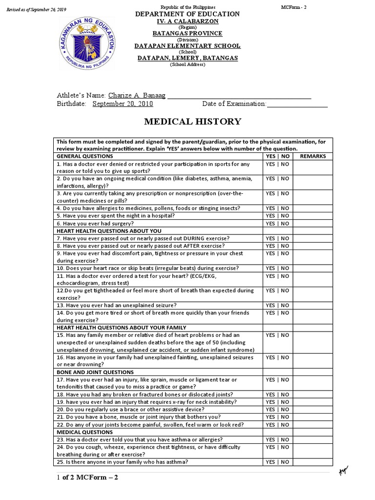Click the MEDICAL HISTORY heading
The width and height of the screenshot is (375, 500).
tap(185, 122)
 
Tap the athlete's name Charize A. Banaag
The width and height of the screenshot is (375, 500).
tap(137, 95)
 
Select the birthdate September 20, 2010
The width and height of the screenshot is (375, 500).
tap(123, 104)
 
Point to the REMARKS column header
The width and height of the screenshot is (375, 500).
tap(312, 156)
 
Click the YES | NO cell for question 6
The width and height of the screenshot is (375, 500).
tap(277, 223)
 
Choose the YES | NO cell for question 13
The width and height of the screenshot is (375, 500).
tap(277, 305)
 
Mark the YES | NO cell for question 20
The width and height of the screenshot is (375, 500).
tap(277, 410)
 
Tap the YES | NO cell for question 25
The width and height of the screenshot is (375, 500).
tap(277, 462)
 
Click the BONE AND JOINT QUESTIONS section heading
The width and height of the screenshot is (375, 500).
tap(89, 372)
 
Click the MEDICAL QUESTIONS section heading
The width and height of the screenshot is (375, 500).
tap(84, 432)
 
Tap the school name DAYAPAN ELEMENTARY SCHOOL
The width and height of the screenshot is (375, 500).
tap(187, 46)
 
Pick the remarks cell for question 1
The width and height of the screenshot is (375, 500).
tap(312, 167)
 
